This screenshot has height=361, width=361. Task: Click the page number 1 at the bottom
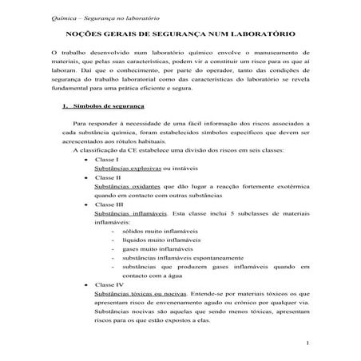pos(306,343)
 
